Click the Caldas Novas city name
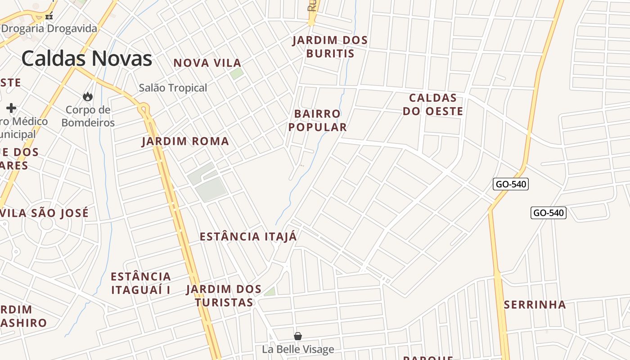click(86, 59)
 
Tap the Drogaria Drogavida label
click(49, 29)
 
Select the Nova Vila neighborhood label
click(207, 63)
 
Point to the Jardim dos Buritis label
click(330, 47)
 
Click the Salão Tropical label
click(173, 88)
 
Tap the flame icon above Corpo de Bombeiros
click(88, 96)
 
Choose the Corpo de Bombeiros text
click(88, 116)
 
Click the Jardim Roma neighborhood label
click(185, 141)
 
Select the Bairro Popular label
click(318, 120)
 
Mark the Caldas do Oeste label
click(432, 104)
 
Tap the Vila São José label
click(45, 213)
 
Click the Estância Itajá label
click(248, 237)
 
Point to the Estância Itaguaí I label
click(141, 283)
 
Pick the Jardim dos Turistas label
click(224, 296)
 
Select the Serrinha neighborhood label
click(535, 305)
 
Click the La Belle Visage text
click(298, 349)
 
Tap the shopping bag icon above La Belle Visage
click(297, 336)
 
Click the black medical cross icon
click(11, 108)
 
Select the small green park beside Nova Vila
click(237, 74)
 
